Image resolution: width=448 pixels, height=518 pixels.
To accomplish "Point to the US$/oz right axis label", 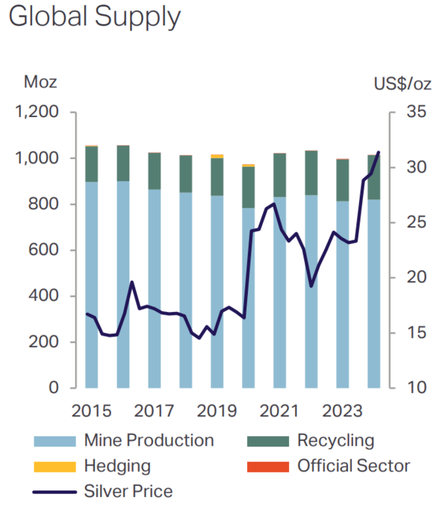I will click(x=402, y=83).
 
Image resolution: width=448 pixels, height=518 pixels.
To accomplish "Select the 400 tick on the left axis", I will click(x=45, y=296).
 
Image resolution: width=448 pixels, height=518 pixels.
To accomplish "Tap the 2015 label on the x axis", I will click(x=91, y=411).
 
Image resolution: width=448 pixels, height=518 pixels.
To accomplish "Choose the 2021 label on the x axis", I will click(x=279, y=411).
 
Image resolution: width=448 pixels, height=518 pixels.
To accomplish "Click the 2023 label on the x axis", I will click(x=342, y=411).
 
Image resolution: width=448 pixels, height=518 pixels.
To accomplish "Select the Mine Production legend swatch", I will click(x=55, y=441).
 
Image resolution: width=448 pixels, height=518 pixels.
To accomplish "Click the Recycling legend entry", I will click(x=335, y=441).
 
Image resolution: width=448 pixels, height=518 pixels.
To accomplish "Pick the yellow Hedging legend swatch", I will click(x=55, y=466).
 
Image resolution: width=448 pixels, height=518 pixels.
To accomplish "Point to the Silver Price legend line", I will click(x=55, y=492).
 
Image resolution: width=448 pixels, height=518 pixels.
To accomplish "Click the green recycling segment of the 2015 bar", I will click(x=92, y=164).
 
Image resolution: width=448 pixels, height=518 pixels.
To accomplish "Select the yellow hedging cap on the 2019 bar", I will click(x=217, y=156).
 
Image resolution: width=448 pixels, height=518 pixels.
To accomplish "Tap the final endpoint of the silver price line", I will click(x=379, y=152).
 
